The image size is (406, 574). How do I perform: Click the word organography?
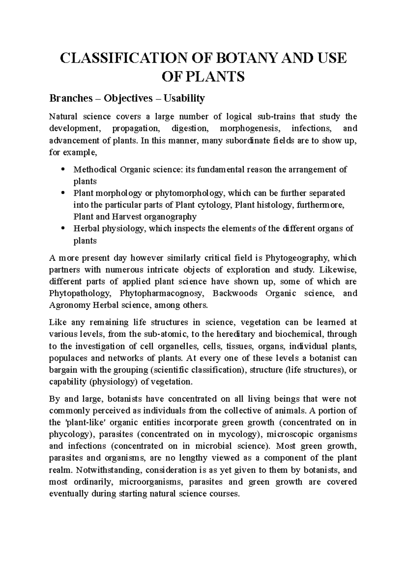point(164,216)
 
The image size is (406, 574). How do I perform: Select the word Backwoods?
point(235,293)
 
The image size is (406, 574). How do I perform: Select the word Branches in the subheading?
point(71,98)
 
